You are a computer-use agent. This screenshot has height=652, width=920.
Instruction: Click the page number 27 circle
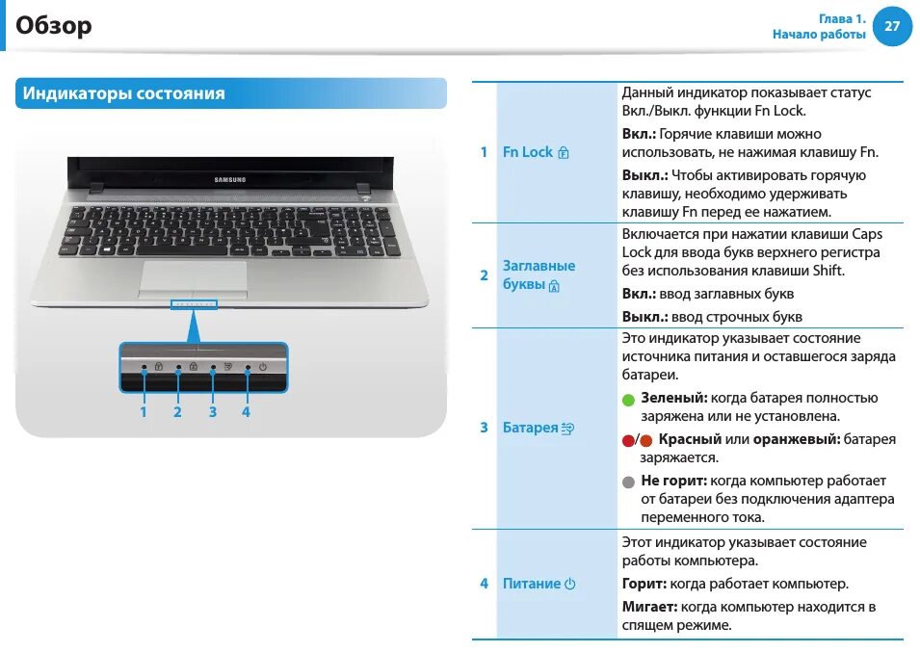pyautogui.click(x=891, y=26)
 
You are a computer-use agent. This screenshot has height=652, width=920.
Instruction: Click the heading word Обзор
pyautogui.click(x=54, y=26)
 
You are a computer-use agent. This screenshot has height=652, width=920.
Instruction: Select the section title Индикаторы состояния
pyautogui.click(x=123, y=93)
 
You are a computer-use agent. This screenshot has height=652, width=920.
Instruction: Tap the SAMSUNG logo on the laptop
pyautogui.click(x=229, y=178)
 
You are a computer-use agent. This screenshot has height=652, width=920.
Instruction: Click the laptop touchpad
pyautogui.click(x=192, y=277)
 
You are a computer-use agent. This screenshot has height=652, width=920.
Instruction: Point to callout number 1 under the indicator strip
pyautogui.click(x=144, y=412)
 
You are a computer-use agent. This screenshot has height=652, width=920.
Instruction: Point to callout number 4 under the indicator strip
pyautogui.click(x=247, y=412)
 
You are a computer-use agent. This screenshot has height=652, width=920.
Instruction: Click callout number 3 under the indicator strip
pyautogui.click(x=212, y=412)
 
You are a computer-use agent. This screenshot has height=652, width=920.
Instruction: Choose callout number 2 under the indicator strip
pyautogui.click(x=177, y=412)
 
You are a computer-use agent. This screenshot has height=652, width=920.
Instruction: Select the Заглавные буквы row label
pyautogui.click(x=539, y=274)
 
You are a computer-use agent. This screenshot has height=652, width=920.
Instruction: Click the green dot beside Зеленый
pyautogui.click(x=628, y=400)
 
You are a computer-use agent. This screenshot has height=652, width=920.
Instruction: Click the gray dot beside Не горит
pyautogui.click(x=628, y=482)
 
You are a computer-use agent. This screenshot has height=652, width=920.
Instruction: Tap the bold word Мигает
pyautogui.click(x=649, y=608)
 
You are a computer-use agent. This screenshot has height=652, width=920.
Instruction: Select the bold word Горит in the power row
pyautogui.click(x=644, y=584)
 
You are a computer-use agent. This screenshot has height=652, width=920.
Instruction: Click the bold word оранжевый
pyautogui.click(x=796, y=439)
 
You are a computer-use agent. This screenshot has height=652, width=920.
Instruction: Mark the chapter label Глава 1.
pyautogui.click(x=842, y=18)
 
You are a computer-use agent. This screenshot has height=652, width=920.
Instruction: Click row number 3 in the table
pyautogui.click(x=484, y=428)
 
